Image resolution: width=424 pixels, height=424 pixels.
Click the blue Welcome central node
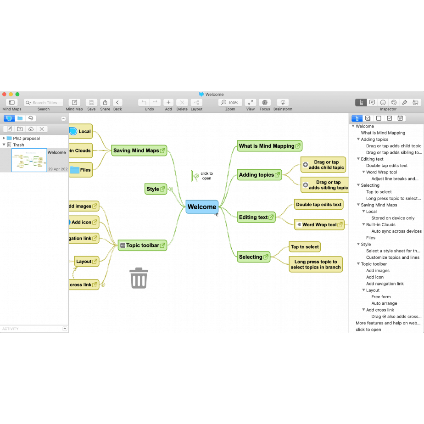202,207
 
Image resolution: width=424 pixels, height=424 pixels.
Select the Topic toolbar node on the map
142,245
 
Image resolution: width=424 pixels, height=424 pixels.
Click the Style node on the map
153,189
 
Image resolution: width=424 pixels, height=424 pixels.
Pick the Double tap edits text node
318,205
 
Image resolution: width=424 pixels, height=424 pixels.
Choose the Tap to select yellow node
305,247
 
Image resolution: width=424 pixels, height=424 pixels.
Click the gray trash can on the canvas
139,278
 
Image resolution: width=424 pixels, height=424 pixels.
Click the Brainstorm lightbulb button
283,103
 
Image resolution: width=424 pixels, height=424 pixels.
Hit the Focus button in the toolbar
265,103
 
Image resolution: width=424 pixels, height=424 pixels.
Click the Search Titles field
44,103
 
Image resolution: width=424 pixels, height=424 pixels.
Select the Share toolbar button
105,103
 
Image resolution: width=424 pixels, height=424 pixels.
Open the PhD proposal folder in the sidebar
26,138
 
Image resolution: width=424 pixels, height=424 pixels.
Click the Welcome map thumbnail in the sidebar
29,160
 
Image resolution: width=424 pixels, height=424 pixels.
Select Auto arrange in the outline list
384,303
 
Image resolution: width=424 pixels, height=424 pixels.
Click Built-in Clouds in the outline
380,225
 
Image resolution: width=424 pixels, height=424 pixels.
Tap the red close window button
5,95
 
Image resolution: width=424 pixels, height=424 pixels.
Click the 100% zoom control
230,103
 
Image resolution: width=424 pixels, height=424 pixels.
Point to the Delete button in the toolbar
182,103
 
